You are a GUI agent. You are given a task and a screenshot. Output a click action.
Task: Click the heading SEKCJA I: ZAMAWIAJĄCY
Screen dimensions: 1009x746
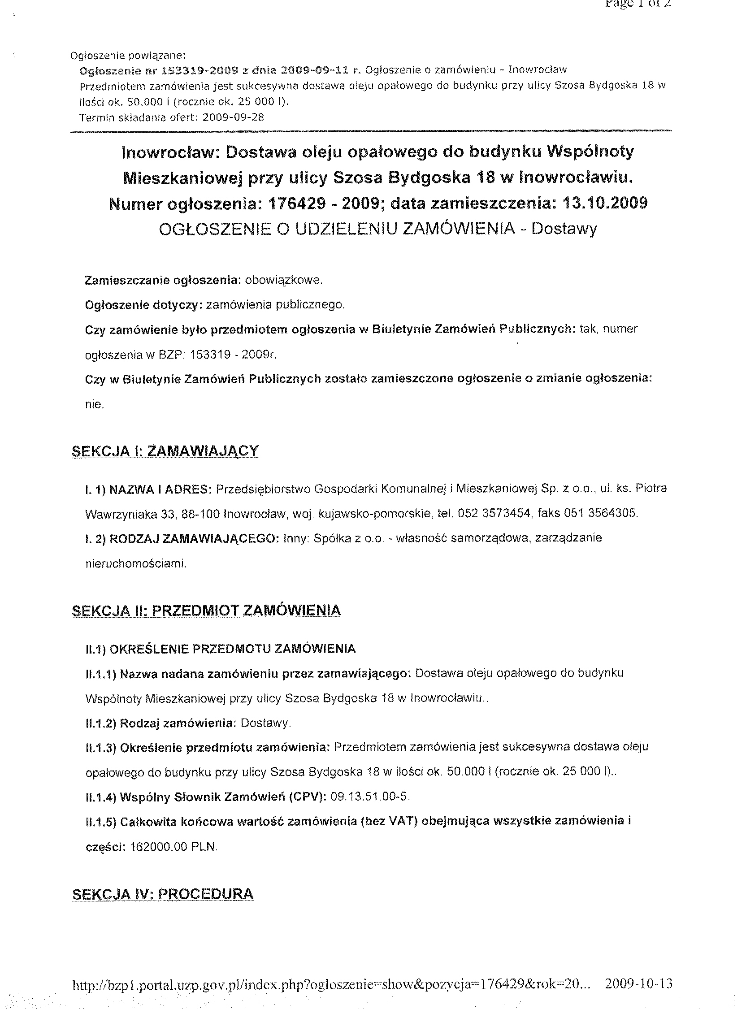[x=165, y=450]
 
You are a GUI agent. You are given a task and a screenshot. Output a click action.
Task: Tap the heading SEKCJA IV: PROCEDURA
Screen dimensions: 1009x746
[x=163, y=894]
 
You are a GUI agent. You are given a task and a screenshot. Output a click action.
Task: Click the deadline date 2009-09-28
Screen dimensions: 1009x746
[x=234, y=117]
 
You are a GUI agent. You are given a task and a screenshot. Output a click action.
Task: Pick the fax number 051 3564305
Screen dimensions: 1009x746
[x=600, y=513]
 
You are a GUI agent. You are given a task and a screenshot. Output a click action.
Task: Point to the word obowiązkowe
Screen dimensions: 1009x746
[x=284, y=280]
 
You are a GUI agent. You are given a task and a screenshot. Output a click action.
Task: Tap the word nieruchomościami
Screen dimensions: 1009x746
[x=135, y=563]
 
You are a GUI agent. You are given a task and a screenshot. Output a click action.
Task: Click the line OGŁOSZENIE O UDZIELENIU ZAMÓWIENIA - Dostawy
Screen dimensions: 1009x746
[x=378, y=229]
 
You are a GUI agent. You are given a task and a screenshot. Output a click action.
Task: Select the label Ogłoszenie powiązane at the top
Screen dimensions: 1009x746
[x=128, y=56]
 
